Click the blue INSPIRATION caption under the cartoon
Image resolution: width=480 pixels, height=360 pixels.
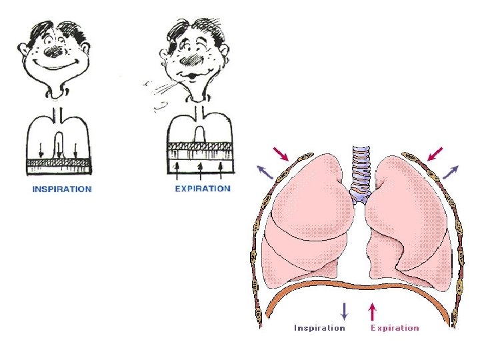coord(62,189)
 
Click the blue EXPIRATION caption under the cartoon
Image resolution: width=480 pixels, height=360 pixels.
coord(203,189)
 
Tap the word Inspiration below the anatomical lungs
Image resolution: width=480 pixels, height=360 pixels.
coord(320,327)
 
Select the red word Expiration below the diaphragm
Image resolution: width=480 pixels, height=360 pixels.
coord(395,327)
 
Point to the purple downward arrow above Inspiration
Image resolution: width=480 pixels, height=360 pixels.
coord(344,311)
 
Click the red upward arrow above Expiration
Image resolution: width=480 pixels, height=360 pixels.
coord(373,311)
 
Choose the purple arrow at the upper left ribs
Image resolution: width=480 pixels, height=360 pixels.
coord(265,173)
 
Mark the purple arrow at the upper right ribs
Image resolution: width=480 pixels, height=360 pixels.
coord(451,171)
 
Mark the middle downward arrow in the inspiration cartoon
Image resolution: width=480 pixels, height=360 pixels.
coord(59,151)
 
